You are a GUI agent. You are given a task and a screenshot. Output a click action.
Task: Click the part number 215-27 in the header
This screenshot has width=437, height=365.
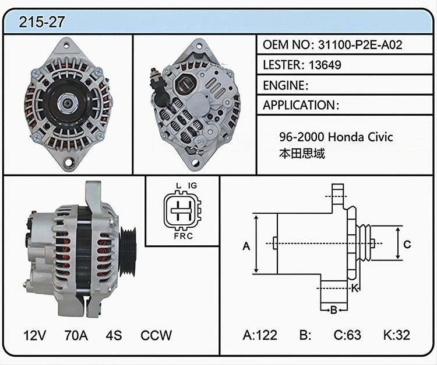tap(42, 22)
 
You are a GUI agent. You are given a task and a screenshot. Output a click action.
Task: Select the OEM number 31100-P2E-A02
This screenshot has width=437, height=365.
tap(360, 45)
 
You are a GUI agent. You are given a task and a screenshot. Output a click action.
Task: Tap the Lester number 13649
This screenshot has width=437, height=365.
tap(325, 65)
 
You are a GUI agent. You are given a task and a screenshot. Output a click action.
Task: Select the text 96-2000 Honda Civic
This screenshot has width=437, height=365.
tap(336, 137)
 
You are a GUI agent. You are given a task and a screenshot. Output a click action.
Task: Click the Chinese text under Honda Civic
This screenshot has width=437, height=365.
tap(302, 154)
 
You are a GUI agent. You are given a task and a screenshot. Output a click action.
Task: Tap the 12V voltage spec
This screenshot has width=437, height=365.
tap(35, 335)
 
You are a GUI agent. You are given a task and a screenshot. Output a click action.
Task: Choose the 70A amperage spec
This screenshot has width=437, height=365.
tap(76, 335)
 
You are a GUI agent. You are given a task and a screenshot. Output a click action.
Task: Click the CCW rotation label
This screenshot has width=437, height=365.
tap(156, 335)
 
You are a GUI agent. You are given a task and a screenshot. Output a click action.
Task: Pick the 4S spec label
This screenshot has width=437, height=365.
tap(114, 335)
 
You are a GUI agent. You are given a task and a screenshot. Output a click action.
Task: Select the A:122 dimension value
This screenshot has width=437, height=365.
tap(260, 335)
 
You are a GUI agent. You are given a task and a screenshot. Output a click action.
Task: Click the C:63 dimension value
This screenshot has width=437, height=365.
tap(347, 335)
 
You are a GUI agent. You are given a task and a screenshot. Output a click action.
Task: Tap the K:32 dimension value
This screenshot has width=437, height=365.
tap(397, 335)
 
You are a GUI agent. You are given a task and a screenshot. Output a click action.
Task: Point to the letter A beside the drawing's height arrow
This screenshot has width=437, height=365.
tap(246, 246)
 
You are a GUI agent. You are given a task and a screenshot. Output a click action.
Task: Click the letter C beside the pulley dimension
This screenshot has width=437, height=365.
tap(407, 244)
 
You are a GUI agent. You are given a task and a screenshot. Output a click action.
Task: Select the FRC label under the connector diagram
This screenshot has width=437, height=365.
tap(184, 237)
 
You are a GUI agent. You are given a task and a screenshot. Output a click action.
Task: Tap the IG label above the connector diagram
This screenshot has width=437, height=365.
tap(192, 186)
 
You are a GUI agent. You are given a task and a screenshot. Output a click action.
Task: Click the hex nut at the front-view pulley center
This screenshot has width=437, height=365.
tap(67, 103)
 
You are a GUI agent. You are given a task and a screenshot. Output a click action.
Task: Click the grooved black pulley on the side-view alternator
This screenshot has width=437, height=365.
tap(128, 252)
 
